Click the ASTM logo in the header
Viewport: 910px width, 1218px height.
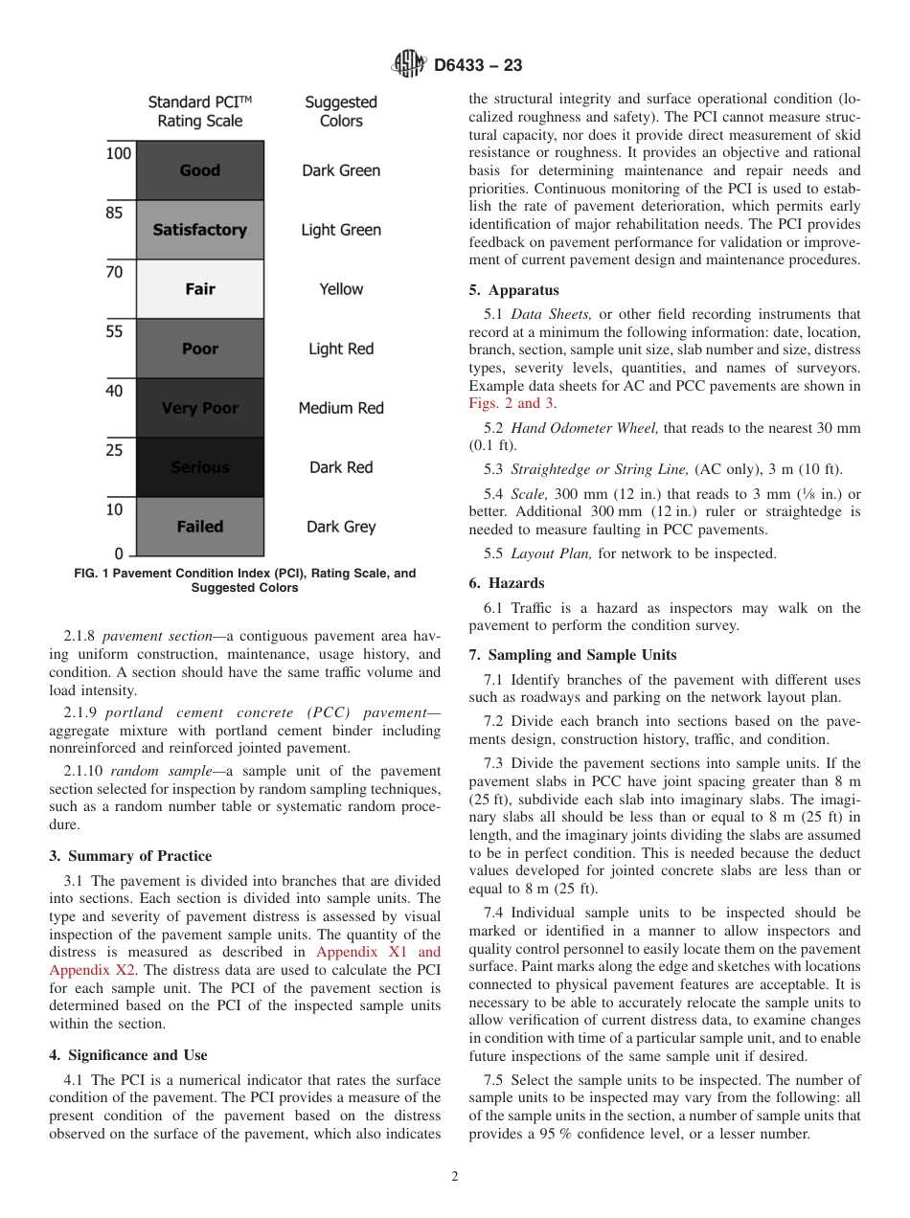click(409, 65)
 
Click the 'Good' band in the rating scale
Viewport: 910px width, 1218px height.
click(199, 170)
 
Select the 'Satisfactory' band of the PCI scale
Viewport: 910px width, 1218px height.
click(199, 230)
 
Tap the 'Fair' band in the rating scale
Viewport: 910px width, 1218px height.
click(199, 289)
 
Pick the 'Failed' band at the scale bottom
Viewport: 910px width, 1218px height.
click(199, 527)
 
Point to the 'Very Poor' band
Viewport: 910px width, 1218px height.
click(199, 408)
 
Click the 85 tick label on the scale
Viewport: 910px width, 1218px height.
click(114, 214)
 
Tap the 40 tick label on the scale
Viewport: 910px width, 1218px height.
click(114, 392)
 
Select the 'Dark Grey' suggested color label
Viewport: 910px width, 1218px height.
click(341, 527)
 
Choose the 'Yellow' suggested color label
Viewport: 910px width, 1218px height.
click(341, 289)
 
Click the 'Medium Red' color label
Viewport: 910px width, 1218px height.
click(341, 408)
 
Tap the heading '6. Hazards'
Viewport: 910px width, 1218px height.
click(507, 583)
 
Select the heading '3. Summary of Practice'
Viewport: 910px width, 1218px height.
click(130, 856)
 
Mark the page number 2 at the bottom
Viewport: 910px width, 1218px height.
click(455, 1177)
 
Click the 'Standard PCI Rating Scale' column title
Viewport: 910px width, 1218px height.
click(199, 111)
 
